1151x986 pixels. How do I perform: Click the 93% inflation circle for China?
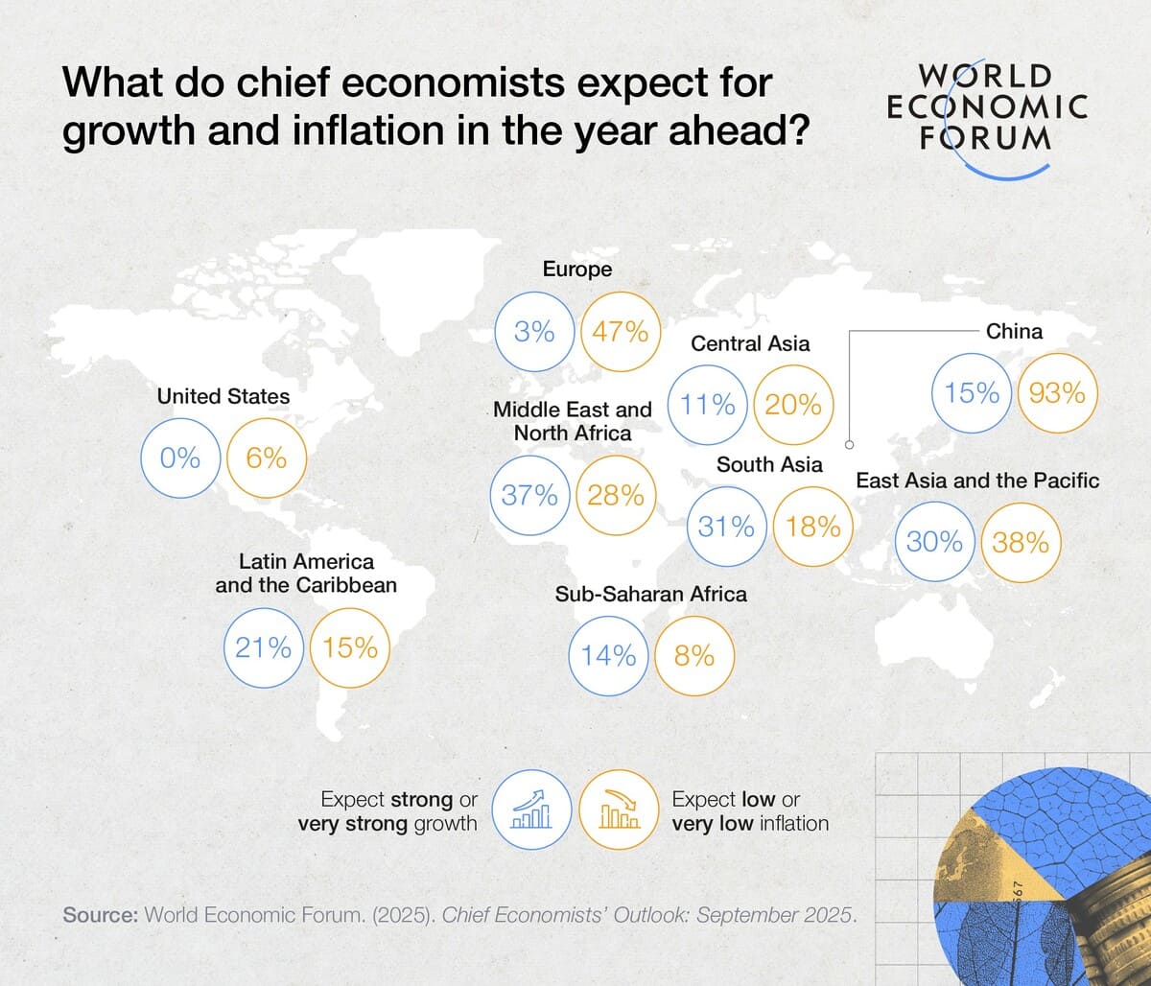point(1058,393)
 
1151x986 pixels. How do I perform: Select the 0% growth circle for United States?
point(180,458)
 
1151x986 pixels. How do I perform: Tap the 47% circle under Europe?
point(621,332)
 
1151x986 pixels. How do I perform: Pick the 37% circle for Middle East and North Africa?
point(529,495)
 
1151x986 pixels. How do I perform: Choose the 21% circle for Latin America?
point(263,648)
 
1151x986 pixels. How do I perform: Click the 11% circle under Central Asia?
point(708,405)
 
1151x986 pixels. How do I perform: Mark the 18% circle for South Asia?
point(812,527)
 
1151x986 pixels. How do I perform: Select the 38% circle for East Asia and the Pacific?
point(1021,543)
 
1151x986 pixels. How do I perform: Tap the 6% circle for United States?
point(266,458)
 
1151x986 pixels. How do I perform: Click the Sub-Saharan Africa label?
point(650,594)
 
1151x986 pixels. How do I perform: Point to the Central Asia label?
point(750,343)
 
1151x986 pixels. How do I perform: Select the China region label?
point(1014,331)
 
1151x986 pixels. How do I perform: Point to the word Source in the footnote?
point(100,914)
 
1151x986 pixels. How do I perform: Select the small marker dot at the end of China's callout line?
point(849,444)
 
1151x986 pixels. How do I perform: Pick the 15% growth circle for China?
point(972,393)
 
